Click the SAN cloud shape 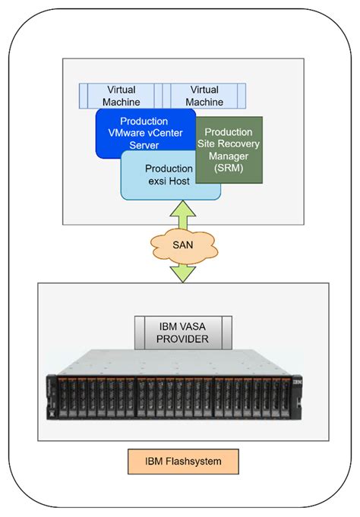click(x=182, y=244)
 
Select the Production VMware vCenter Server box click(x=144, y=134)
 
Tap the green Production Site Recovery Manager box click(x=229, y=150)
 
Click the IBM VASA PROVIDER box click(x=183, y=332)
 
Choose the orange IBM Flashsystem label click(x=183, y=460)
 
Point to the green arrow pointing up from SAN click(x=182, y=212)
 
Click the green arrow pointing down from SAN click(x=182, y=273)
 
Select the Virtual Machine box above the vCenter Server click(x=121, y=96)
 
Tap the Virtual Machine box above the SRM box click(x=204, y=96)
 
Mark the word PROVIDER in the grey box click(x=183, y=339)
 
